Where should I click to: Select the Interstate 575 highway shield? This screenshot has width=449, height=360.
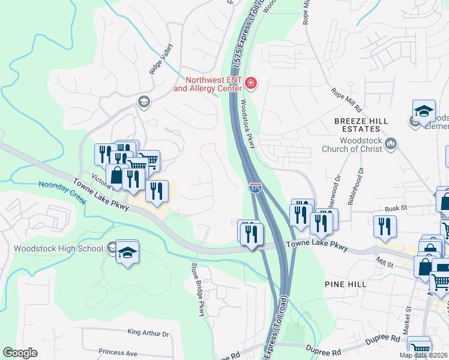(x=255, y=188)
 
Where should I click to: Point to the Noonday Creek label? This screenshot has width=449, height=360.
(x=62, y=185)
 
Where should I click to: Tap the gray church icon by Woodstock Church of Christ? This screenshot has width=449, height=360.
(x=391, y=143)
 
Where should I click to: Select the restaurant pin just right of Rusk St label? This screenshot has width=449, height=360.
(x=384, y=226)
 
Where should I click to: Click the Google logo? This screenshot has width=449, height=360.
(x=20, y=353)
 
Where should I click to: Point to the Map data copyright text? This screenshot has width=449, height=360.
(x=423, y=355)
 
